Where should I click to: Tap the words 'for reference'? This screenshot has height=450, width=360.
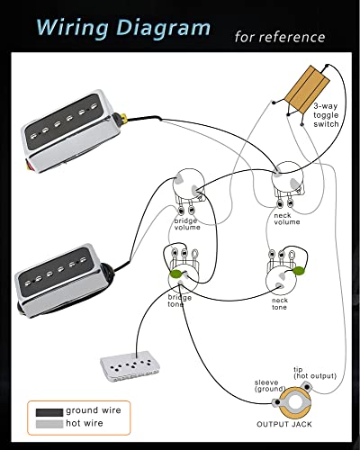coord(279,38)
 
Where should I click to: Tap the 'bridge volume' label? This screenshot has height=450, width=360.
coord(187,224)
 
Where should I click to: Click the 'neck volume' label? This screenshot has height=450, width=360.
coord(286,217)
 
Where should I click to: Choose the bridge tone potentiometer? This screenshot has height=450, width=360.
coord(183,267)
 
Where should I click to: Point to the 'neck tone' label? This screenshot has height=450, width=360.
coord(279,304)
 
